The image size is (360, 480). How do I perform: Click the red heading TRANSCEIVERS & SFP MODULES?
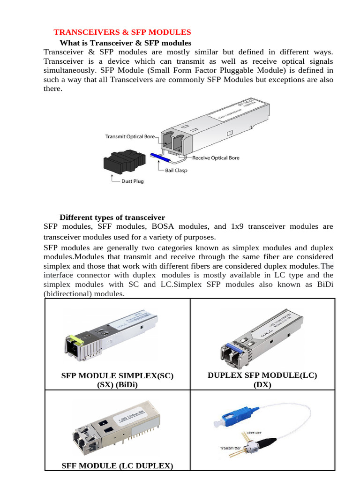coord(122,32)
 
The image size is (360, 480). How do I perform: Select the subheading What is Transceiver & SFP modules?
coord(126,43)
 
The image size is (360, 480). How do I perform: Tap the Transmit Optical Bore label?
coord(129,137)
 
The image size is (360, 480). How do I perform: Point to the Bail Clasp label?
coord(176,170)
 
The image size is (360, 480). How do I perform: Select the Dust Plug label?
coord(133,181)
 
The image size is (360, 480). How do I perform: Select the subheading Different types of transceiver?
coord(112,217)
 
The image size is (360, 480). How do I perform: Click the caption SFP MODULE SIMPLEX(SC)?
coord(117,376)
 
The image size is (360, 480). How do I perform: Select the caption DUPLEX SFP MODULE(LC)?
coord(262,375)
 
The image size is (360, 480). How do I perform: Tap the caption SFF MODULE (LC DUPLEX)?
coord(117,465)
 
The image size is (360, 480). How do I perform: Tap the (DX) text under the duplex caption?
coord(262,385)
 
